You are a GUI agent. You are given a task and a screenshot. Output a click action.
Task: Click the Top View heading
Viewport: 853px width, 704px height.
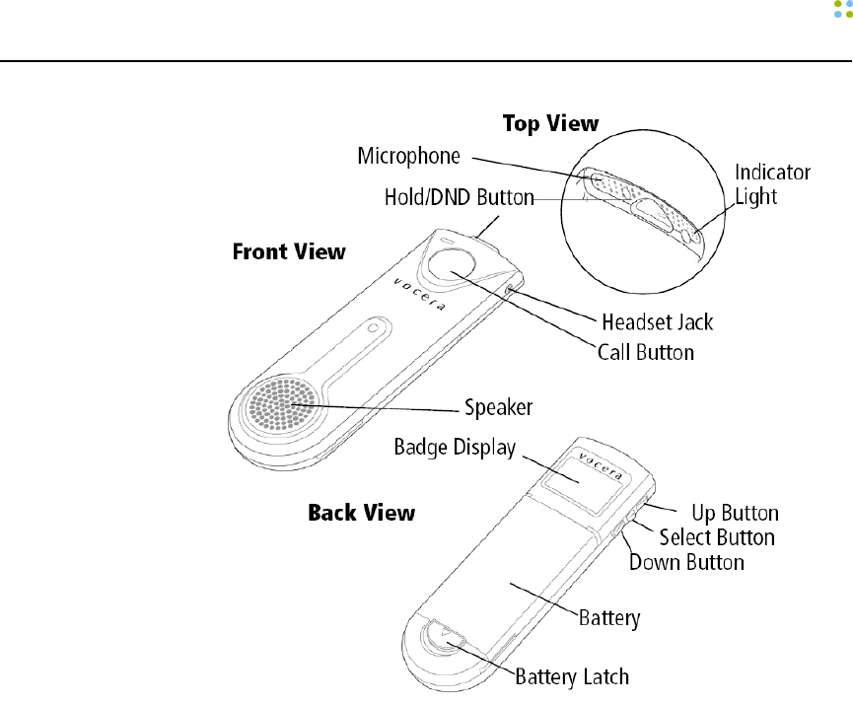[x=550, y=123]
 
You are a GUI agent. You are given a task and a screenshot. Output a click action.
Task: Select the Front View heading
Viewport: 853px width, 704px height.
[x=288, y=251]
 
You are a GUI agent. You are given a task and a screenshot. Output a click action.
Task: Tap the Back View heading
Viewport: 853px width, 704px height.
[x=361, y=513]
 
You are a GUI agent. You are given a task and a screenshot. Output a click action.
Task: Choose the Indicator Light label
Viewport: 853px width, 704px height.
[x=772, y=184]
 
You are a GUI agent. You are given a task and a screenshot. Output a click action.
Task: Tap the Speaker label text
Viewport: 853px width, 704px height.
[x=500, y=405]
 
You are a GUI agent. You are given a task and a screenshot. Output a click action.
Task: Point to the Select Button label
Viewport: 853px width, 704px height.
[x=717, y=537]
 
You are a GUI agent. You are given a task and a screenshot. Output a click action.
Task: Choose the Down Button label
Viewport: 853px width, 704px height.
[x=686, y=562]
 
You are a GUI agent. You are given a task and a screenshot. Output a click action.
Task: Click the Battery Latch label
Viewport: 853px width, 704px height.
[x=573, y=676]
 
